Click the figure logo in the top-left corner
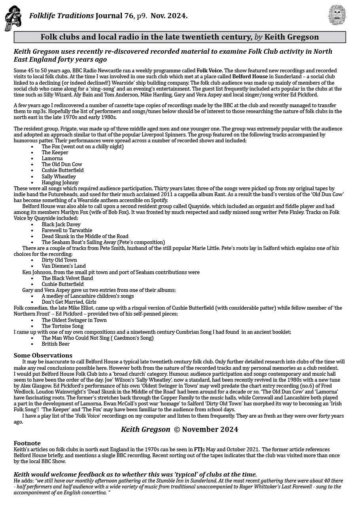[x=13, y=18]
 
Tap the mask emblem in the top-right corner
[x=337, y=15]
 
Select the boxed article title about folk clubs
[x=180, y=37]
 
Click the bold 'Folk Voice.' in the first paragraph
[x=209, y=70]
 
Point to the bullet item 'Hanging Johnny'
[x=60, y=183]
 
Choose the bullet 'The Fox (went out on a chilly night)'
[x=82, y=147]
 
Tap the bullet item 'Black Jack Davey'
[x=61, y=225]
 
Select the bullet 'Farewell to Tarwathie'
[x=67, y=231]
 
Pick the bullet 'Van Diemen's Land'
[x=64, y=266]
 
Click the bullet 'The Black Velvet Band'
[x=67, y=278]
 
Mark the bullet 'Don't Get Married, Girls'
[x=69, y=302]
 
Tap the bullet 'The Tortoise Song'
[x=63, y=326]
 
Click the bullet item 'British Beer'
[x=55, y=344]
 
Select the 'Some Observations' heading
[x=43, y=356]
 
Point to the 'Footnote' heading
[x=27, y=443]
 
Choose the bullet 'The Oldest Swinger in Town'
[x=74, y=320]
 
